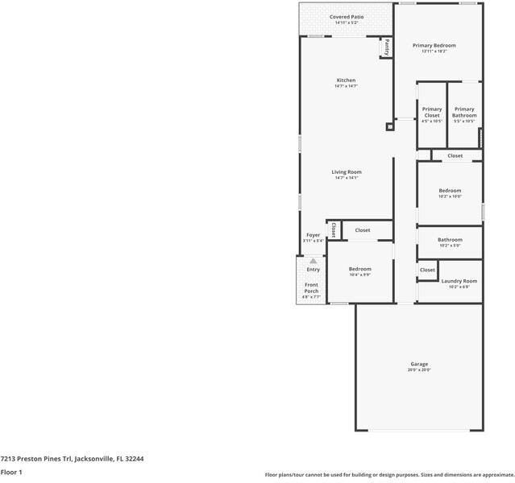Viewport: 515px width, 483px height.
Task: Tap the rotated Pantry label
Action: point(387,47)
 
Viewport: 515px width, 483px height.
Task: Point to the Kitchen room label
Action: point(346,80)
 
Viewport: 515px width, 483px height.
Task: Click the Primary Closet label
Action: point(432,112)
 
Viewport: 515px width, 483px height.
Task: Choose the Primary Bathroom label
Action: point(464,112)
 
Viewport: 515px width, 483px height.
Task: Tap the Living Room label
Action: point(347,171)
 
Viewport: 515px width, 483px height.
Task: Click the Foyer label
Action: point(313,235)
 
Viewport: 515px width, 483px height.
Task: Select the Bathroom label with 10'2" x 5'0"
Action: point(450,239)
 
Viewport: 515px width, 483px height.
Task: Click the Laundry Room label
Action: point(459,281)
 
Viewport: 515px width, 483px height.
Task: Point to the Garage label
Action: point(419,364)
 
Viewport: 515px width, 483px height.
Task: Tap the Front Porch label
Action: point(311,288)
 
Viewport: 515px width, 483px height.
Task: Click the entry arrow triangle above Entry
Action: point(313,261)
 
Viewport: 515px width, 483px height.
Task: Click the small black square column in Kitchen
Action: point(390,126)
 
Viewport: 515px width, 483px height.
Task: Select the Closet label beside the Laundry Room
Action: point(426,270)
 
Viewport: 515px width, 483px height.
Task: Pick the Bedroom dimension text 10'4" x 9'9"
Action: point(359,275)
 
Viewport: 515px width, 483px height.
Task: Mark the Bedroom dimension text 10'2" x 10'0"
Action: point(450,196)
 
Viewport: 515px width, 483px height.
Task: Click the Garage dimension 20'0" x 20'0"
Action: point(419,370)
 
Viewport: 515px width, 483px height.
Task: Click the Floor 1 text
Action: point(11,473)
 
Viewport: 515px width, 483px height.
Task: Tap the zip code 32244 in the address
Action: point(134,458)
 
